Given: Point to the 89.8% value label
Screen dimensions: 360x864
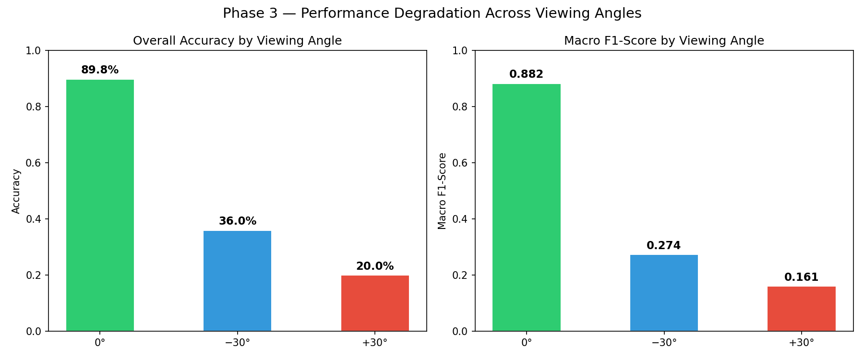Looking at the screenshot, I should (x=100, y=70).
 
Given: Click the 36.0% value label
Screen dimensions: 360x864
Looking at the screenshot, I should (x=237, y=221).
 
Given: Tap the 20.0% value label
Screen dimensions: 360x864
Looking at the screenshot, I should (x=375, y=266).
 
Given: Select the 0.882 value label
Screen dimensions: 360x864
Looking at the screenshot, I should (x=526, y=74).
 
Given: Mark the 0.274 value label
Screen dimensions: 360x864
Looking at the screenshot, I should (x=664, y=246).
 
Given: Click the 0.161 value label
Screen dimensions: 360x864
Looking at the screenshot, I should (x=801, y=277).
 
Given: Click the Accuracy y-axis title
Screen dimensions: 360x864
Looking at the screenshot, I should (x=16, y=191).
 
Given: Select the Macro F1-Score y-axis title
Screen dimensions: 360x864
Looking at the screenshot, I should (x=443, y=191).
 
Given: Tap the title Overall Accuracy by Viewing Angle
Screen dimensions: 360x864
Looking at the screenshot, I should (x=237, y=41).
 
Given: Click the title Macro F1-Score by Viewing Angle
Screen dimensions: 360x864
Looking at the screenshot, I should (x=664, y=41).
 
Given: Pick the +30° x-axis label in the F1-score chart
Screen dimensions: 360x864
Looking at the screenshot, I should (x=801, y=343).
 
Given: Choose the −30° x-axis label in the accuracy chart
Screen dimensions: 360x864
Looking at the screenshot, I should (x=237, y=343).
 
